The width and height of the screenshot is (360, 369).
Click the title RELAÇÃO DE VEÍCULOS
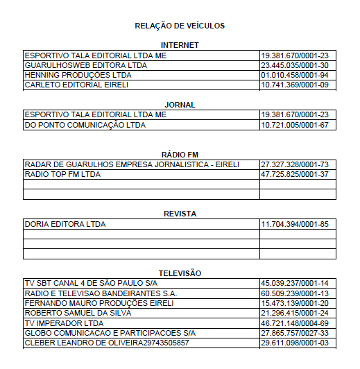pyautogui.click(x=180, y=26)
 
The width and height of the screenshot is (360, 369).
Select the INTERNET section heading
pyautogui.click(x=180, y=45)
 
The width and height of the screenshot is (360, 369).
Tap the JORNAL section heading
pyautogui.click(x=180, y=105)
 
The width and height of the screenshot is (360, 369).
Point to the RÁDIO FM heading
pyautogui.click(x=180, y=154)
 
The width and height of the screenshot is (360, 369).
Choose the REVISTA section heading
pyautogui.click(x=180, y=214)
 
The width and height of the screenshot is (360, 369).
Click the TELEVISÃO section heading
pyautogui.click(x=180, y=273)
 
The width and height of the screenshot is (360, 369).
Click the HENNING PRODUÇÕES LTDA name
pyautogui.click(x=78, y=75)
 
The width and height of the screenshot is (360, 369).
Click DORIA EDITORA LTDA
pyautogui.click(x=65, y=224)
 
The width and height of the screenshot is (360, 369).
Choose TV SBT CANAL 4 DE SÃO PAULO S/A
pyautogui.click(x=90, y=284)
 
